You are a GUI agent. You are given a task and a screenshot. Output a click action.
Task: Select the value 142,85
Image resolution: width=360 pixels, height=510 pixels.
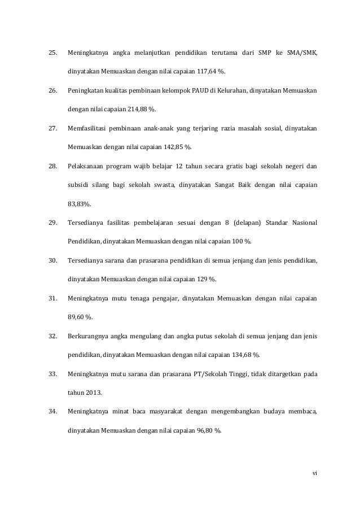[176, 147]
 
